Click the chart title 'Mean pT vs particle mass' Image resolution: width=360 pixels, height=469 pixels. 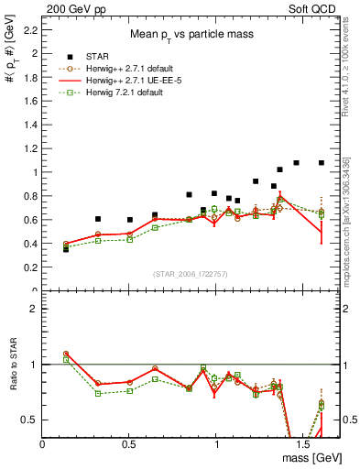coord(191,34)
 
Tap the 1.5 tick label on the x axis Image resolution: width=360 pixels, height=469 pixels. coord(303,443)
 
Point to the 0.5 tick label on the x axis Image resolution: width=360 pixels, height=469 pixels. coord(129,443)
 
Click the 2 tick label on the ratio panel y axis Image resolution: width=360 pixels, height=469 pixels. coord(35,309)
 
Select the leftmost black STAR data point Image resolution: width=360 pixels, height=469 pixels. coord(65,249)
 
